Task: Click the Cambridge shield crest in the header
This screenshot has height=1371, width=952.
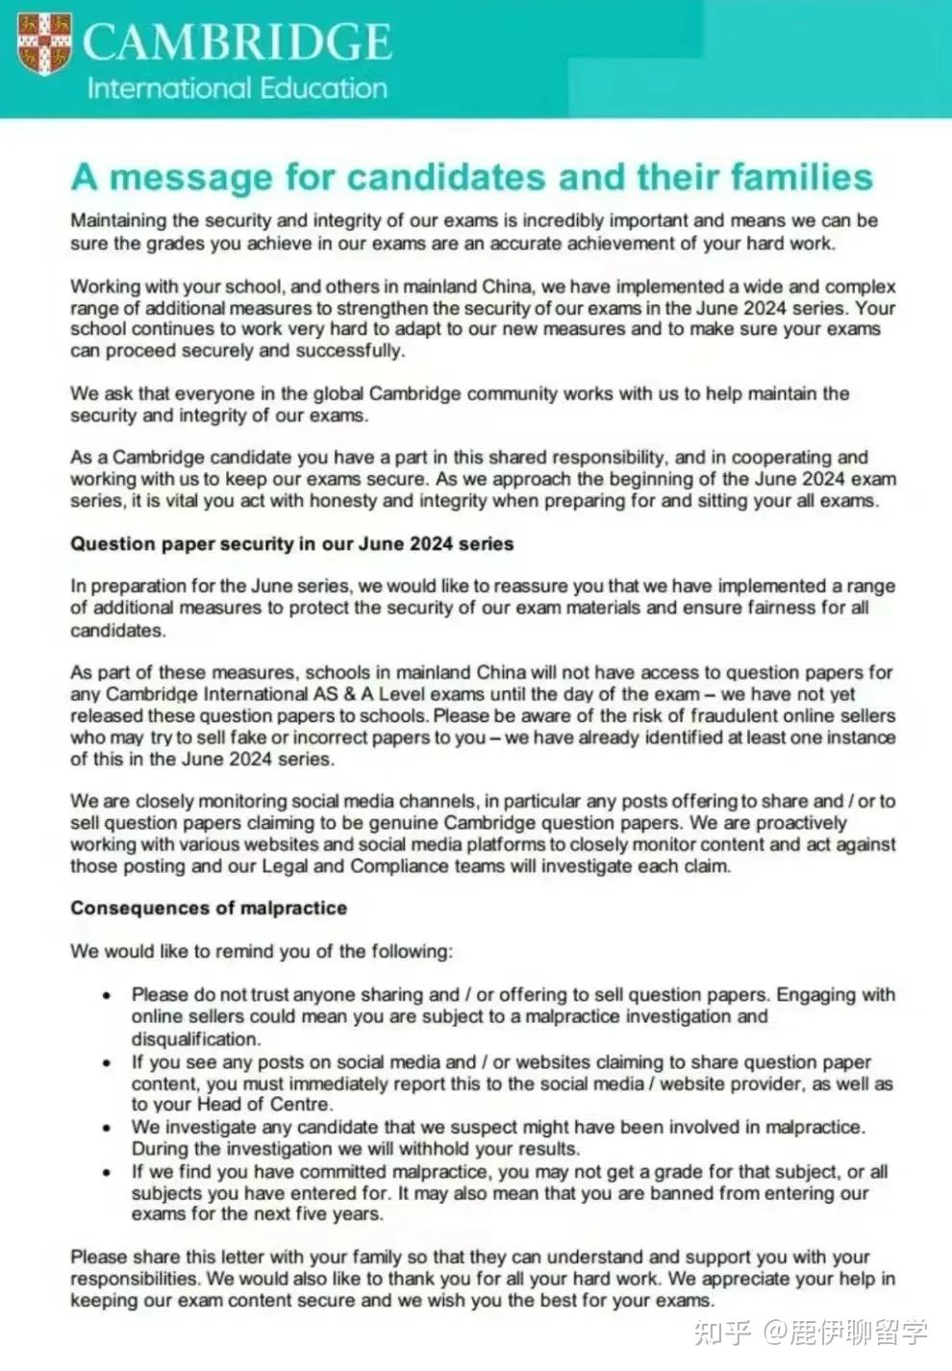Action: click(44, 44)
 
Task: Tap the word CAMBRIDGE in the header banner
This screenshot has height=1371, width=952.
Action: click(237, 42)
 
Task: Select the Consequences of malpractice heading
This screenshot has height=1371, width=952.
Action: click(209, 909)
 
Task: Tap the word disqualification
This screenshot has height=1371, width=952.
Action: click(195, 1039)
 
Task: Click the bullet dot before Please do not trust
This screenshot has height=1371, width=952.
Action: click(108, 996)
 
